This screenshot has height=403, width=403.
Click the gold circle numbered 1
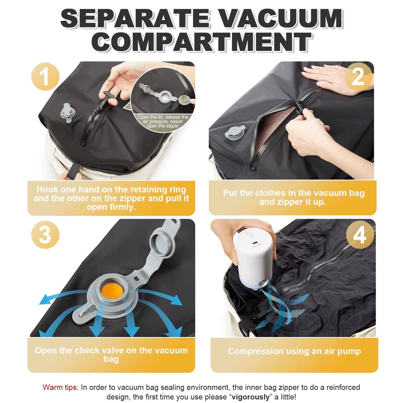coord(45,77)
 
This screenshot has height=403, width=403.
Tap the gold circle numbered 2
coord(358,77)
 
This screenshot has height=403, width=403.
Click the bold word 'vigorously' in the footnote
coord(251,397)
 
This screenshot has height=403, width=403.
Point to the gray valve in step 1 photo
coord(66,113)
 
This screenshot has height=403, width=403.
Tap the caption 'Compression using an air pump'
coord(294,351)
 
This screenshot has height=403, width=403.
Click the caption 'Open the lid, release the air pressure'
coord(163,122)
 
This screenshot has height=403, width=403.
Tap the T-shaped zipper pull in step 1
coord(109,98)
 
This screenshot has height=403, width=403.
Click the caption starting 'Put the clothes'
coord(294,197)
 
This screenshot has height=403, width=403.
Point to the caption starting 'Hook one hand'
coord(111,198)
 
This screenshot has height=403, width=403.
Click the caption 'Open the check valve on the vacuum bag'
coord(111,354)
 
